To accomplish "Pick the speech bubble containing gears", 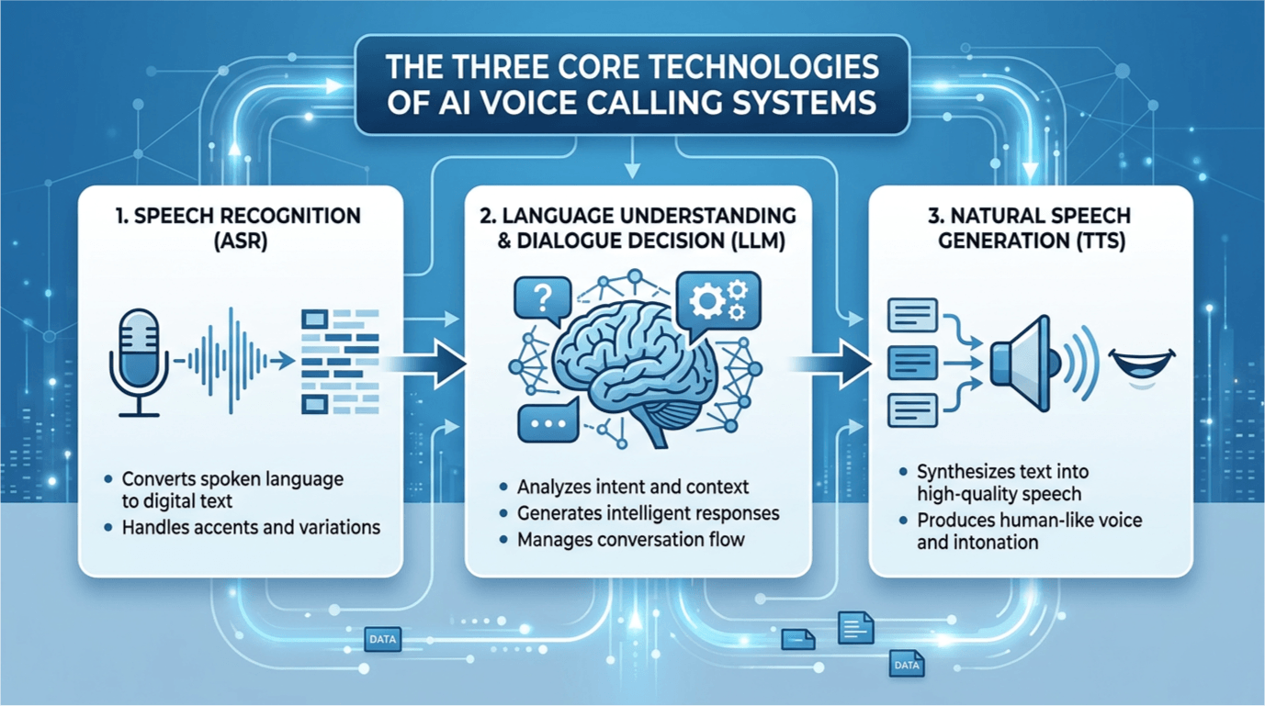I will point(717,299).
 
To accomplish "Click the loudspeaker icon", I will point(1025,364).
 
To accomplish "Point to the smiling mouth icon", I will point(1142,364).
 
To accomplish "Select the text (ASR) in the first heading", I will point(240,243).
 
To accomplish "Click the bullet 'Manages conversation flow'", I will point(630,540).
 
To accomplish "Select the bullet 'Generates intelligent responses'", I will point(648,513).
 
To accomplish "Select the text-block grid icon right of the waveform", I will point(340,361).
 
